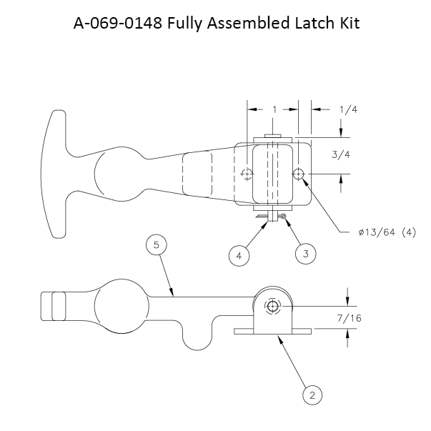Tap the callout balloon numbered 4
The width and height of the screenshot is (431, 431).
(x=240, y=253)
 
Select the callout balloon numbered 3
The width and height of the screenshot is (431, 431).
(x=305, y=253)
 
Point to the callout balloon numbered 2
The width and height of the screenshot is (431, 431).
(x=310, y=393)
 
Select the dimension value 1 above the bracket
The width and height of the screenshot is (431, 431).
(x=274, y=109)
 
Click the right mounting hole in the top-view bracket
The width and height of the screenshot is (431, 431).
(x=299, y=174)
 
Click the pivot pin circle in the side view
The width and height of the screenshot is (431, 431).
(x=272, y=306)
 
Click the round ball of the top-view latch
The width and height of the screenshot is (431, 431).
(x=115, y=172)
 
